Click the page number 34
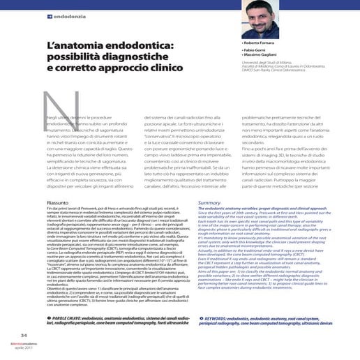(x=24, y=334)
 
